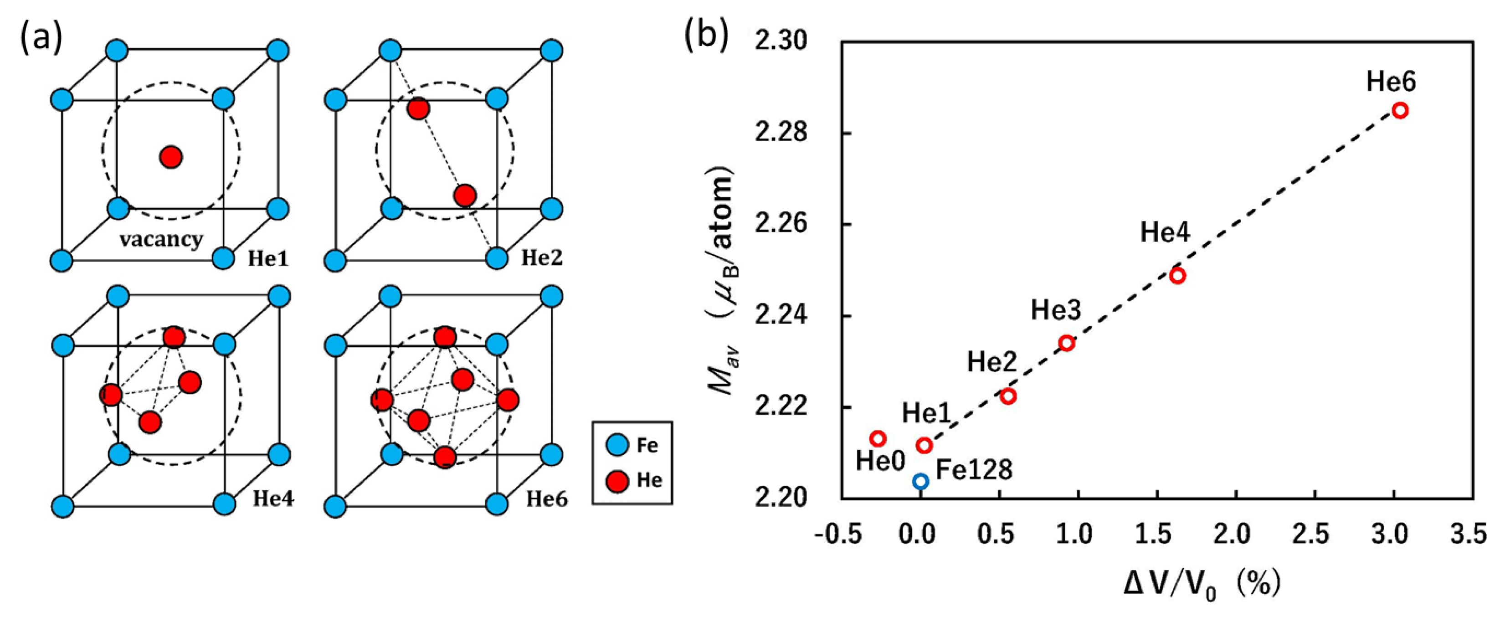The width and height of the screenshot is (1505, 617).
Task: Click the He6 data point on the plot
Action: point(1400,110)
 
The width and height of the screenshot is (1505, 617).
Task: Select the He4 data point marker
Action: point(1177,276)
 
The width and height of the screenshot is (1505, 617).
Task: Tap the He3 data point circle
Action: point(1067,343)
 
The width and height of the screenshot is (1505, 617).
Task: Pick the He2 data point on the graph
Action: point(1008,396)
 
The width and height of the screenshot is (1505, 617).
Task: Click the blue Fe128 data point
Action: point(921,482)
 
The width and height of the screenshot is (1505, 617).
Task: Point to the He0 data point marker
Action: point(878,438)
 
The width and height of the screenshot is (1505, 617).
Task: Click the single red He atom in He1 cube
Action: point(171,157)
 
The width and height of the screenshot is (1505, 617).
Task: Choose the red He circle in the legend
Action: point(617,481)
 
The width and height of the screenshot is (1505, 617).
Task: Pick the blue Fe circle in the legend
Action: point(617,445)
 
